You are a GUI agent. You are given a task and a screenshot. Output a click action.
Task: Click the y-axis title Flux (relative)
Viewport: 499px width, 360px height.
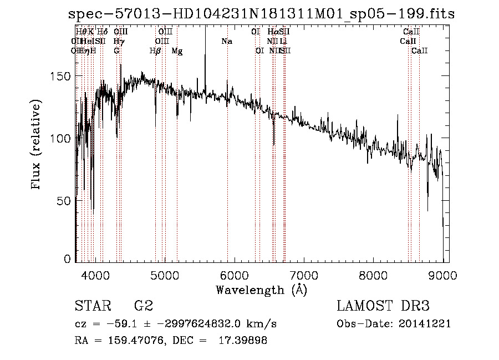(x=37, y=146)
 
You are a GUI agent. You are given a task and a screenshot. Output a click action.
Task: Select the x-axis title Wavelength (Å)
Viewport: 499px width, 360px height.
(x=261, y=290)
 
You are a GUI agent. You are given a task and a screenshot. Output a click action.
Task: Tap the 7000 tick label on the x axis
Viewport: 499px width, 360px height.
(x=304, y=275)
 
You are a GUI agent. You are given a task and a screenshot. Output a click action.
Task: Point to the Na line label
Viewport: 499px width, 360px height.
(x=226, y=41)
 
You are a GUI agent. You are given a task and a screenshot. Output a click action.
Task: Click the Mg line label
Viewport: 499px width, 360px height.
(x=177, y=50)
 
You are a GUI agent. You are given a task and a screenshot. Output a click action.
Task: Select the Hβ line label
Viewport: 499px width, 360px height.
(x=155, y=50)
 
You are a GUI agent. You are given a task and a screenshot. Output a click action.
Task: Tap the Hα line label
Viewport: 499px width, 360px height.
(x=272, y=32)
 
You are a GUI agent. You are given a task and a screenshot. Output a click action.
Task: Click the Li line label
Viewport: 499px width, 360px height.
(x=283, y=41)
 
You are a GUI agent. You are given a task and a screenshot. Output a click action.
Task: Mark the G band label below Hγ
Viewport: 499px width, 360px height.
(x=116, y=50)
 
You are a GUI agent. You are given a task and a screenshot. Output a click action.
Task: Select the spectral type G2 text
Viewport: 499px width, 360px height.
(x=143, y=306)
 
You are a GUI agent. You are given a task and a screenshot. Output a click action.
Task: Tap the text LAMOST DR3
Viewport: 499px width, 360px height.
(x=383, y=306)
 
